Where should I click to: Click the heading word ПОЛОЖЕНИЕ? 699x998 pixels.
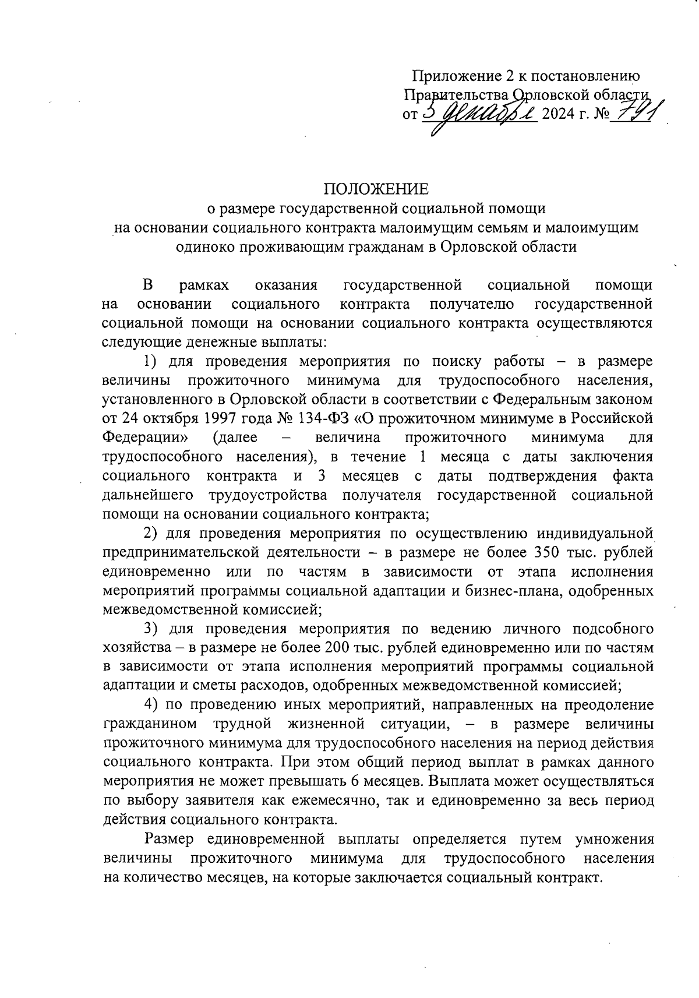pos(376,189)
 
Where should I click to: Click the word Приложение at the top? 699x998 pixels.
pos(454,76)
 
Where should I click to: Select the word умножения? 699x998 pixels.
pos(614,840)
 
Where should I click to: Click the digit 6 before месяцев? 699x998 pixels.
pos(355,781)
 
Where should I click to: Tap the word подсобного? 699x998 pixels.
pos(612,629)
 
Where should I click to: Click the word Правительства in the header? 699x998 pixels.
pos(457,95)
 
